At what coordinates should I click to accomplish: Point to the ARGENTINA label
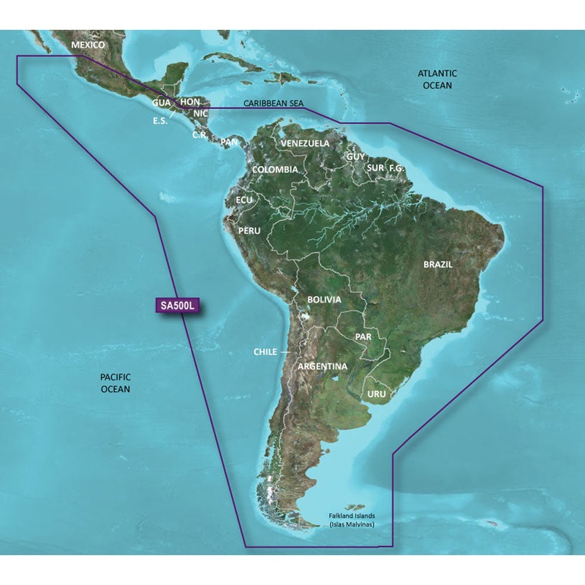pos(322,366)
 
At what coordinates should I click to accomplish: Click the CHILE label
pos(265,352)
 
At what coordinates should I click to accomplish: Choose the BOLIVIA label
pos(324,300)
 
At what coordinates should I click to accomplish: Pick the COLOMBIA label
pos(274,170)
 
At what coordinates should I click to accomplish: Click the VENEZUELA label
pos(304,143)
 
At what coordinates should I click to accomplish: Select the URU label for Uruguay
pos(377,393)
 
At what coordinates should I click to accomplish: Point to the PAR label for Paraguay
pos(363,337)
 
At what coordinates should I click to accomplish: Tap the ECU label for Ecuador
pos(244,199)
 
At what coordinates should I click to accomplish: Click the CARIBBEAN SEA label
pos(273,105)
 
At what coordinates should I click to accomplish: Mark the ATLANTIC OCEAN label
pos(437,80)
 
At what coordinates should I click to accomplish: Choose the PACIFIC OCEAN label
pos(115,383)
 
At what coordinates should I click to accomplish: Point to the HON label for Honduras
pos(189,102)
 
